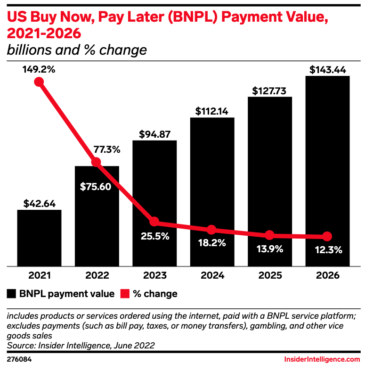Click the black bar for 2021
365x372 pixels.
39,238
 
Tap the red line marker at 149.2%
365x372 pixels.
39,82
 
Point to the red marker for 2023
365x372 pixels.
154,222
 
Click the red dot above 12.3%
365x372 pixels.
327,236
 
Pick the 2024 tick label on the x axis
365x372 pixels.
211,275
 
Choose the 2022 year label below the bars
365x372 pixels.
97,275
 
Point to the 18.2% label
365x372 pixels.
211,243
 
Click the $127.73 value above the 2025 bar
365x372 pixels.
270,90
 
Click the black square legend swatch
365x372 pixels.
12,294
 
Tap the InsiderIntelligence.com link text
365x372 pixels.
322,360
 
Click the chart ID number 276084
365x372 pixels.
19,360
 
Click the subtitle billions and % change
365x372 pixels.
76,50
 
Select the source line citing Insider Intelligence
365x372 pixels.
81,346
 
